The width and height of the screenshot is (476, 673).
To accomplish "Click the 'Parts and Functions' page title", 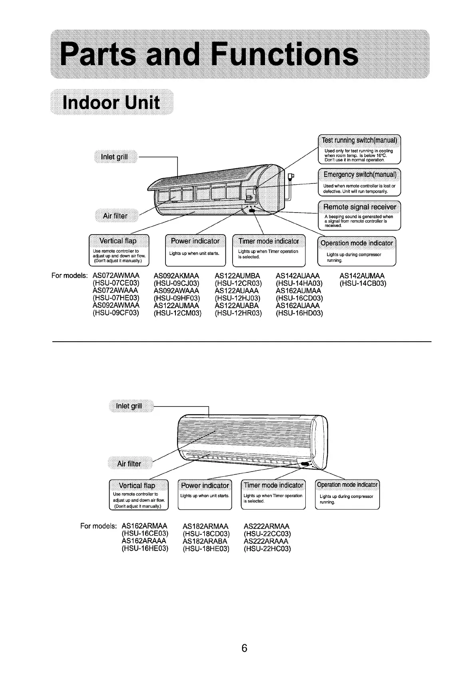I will [x=209, y=55].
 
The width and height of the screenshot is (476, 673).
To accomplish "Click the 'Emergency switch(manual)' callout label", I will [x=359, y=174].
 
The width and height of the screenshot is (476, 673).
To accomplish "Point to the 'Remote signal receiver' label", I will [x=359, y=207].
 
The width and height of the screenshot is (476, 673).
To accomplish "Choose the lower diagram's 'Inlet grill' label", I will [x=129, y=406].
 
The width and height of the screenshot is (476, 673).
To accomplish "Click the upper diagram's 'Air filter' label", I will [x=115, y=216].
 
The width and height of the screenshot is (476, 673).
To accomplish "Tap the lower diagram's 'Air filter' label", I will [x=129, y=464].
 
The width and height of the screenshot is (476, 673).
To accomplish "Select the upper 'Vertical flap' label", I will [x=118, y=241].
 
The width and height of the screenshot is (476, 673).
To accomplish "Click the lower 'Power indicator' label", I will [x=205, y=486].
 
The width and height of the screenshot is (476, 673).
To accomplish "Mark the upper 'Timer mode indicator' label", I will [x=269, y=241].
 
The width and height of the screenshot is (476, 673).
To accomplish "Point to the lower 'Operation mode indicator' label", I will [x=347, y=485].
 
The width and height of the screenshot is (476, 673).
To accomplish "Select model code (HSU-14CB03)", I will [x=362, y=284].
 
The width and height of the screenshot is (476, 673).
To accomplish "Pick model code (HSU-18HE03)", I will [x=206, y=549].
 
